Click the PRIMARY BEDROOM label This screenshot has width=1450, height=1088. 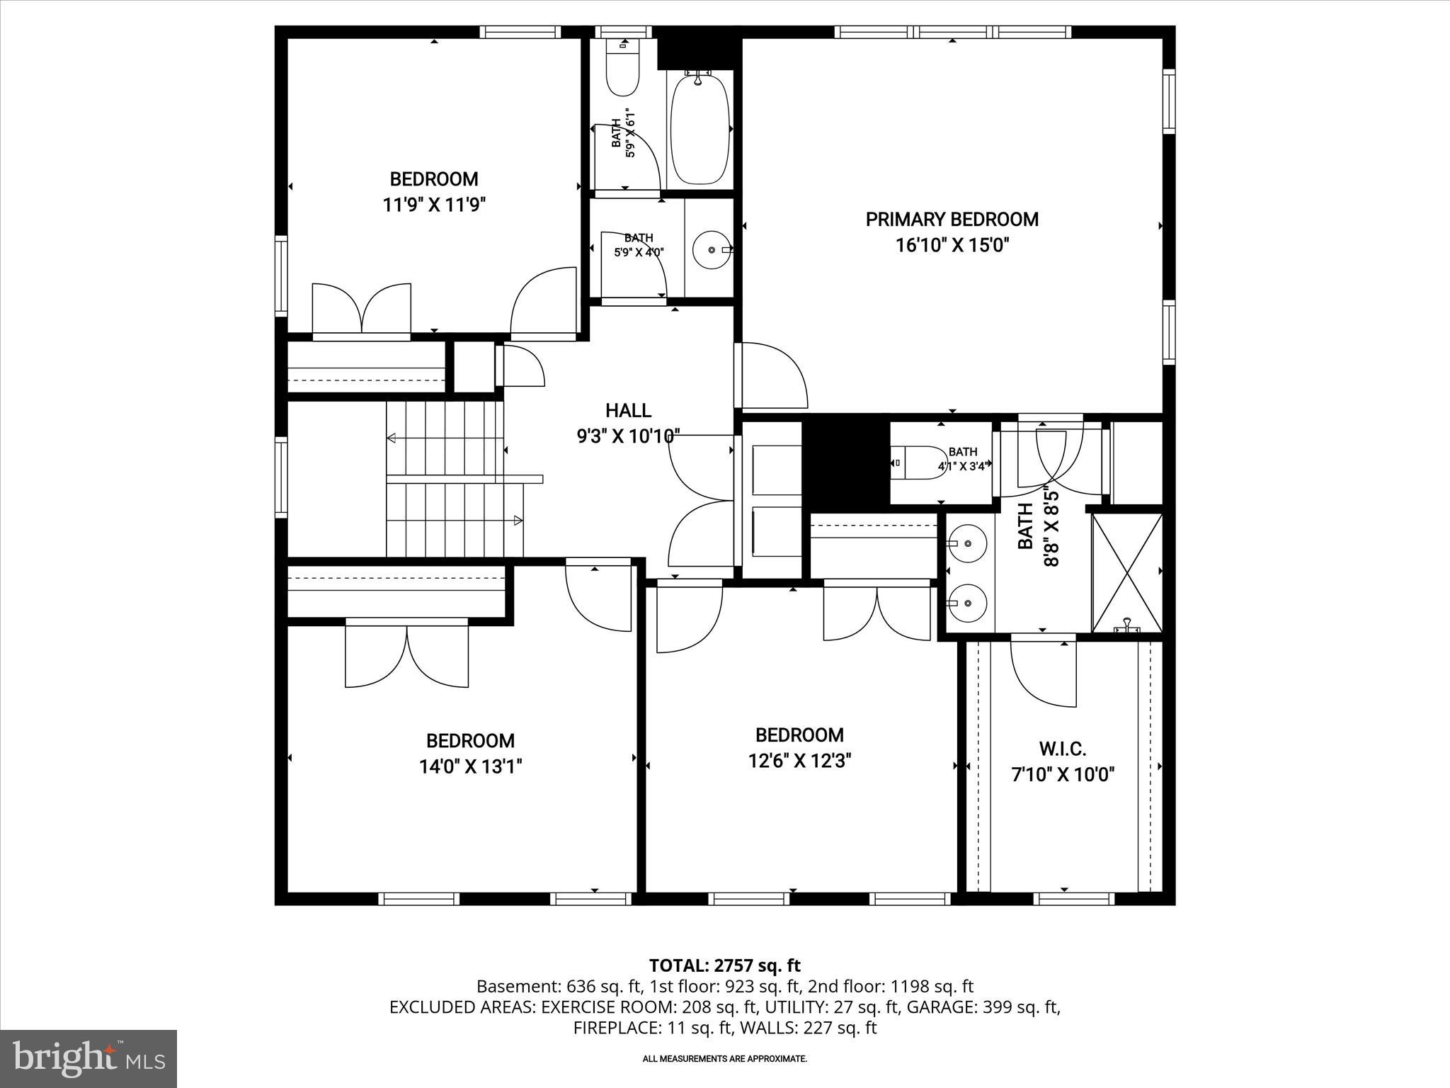(952, 220)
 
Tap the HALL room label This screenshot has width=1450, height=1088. (628, 411)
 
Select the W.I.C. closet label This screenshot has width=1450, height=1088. (1062, 748)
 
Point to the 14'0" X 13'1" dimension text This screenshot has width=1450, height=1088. (470, 767)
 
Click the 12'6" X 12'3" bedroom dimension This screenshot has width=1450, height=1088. (799, 761)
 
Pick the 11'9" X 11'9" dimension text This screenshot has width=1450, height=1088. (434, 205)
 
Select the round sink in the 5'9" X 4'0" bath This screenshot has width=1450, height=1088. (711, 249)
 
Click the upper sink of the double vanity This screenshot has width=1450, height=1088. (968, 543)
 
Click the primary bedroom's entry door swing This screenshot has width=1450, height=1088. (772, 375)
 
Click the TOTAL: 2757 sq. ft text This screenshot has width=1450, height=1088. (724, 965)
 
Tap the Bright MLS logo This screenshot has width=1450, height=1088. (89, 1059)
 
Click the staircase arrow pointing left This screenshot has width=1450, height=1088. (392, 438)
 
